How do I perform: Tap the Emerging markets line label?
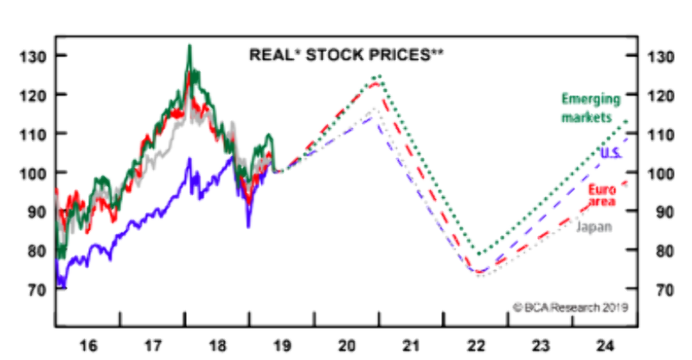click(x=587, y=108)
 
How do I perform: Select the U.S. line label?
click(x=611, y=153)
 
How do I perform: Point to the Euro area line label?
click(x=602, y=196)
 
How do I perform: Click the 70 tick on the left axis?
click(x=36, y=290)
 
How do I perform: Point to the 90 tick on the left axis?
click(x=36, y=212)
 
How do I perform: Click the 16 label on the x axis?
click(x=87, y=344)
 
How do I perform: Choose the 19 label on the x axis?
click(x=282, y=344)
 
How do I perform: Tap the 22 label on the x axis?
click(x=477, y=344)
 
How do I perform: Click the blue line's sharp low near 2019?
click(x=248, y=227)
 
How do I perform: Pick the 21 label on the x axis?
click(x=412, y=344)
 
